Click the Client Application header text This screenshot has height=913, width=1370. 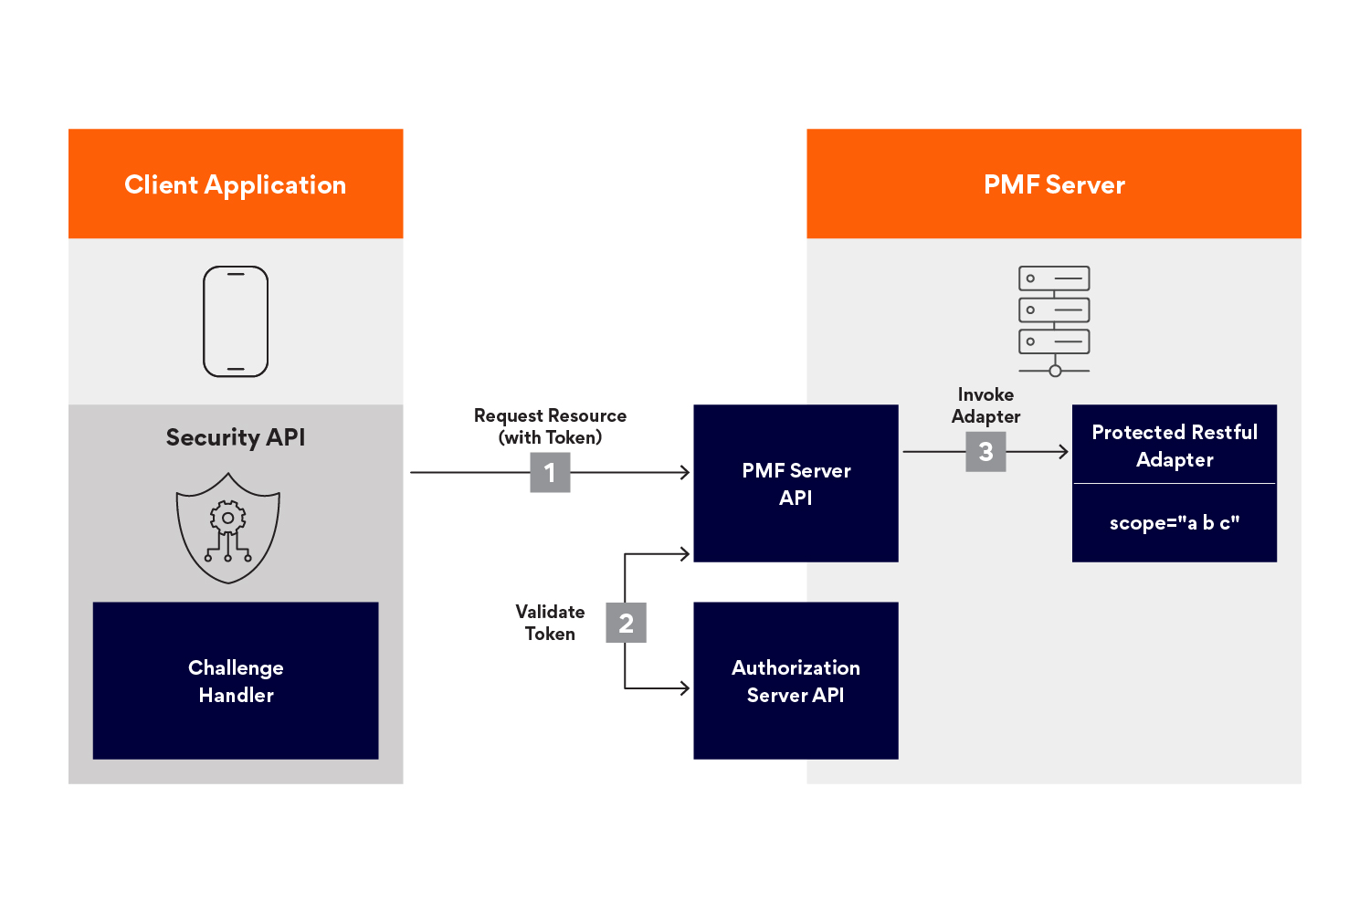(235, 184)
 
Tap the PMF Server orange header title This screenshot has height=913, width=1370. (1054, 184)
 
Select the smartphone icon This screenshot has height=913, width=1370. (236, 321)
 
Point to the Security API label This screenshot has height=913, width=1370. (236, 437)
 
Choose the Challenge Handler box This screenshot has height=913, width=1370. (236, 681)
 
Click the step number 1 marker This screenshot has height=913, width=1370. (550, 473)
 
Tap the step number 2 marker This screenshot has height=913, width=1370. (626, 623)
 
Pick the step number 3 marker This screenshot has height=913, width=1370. (985, 452)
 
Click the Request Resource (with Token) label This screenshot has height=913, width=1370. (550, 426)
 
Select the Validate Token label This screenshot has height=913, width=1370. (550, 623)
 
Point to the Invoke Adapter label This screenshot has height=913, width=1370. (985, 405)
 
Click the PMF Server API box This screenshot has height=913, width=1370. (796, 484)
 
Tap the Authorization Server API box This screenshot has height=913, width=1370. (796, 681)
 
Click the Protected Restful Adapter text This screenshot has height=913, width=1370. (1175, 446)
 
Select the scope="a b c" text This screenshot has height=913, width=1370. (1175, 523)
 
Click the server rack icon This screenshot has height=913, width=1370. (1054, 320)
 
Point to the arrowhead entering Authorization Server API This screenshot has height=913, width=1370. (685, 688)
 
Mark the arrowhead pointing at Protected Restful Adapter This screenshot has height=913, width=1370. (1063, 452)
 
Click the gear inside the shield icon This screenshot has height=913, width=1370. (228, 518)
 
